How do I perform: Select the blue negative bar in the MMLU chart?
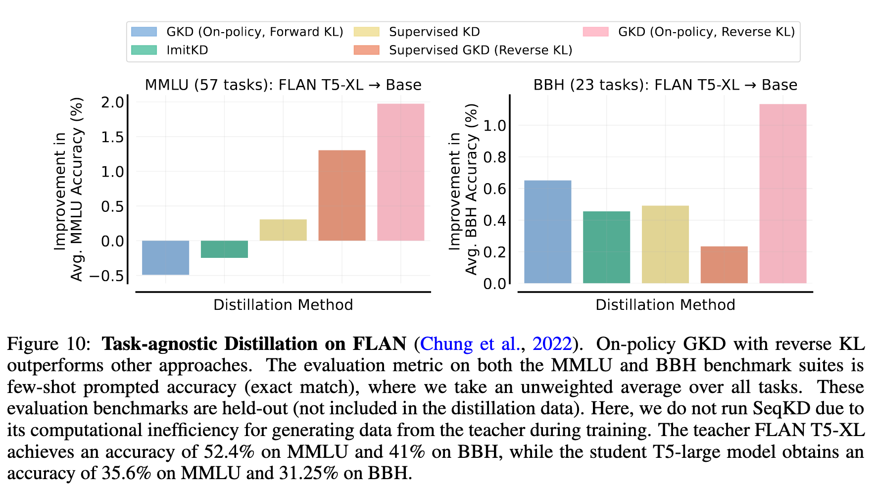click(165, 257)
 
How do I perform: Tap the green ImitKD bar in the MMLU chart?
click(224, 249)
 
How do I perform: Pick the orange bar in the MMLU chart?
click(341, 195)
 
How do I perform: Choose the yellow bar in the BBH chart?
click(665, 245)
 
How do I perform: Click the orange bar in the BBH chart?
click(724, 265)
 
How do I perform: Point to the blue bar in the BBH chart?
click(547, 232)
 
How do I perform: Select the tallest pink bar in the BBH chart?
click(782, 194)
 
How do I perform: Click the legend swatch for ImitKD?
click(144, 50)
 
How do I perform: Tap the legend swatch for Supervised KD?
click(367, 32)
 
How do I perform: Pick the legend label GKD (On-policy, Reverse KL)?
click(706, 32)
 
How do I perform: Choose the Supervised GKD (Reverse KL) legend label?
click(481, 50)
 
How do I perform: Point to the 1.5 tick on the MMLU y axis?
click(112, 137)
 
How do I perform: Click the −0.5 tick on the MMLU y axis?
click(106, 276)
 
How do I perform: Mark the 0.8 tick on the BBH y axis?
click(494, 157)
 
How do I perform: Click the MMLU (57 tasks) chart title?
click(283, 85)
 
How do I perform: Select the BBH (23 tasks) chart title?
click(665, 85)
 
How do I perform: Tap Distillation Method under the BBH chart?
click(665, 305)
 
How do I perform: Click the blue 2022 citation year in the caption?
click(552, 344)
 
